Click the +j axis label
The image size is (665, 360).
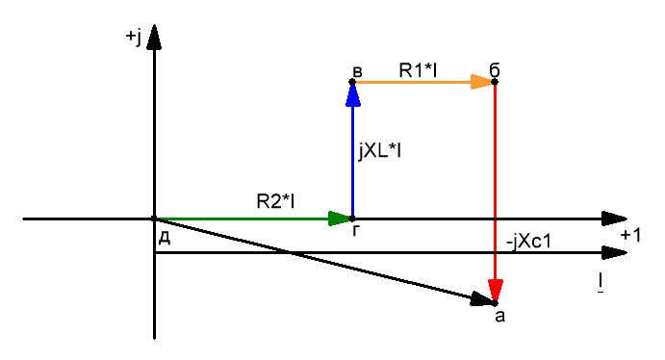[133, 37]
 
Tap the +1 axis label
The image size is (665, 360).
[630, 235]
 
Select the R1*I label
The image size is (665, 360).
[418, 70]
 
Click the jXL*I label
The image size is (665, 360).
[379, 150]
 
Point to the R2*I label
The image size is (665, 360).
[275, 201]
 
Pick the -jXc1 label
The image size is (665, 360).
[529, 242]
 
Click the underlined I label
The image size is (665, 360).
[601, 283]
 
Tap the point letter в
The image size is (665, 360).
[358, 71]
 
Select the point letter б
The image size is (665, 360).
[495, 70]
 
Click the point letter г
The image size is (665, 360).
[356, 230]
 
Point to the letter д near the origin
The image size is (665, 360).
[165, 239]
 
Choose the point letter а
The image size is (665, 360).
[500, 317]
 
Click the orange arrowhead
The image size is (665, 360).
[481, 82]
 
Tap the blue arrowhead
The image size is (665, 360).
[353, 94]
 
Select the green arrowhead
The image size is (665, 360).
[340, 219]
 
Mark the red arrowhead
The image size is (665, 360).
[495, 291]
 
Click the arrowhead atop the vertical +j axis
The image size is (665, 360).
[154, 38]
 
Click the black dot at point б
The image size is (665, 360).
[495, 82]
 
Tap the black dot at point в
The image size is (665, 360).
[352, 82]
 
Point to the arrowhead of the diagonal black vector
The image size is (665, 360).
[483, 299]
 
